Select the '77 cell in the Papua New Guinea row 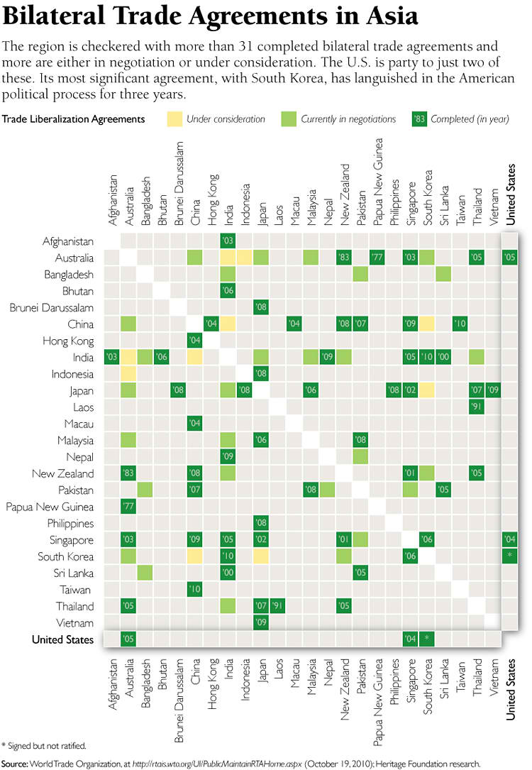coord(128,507)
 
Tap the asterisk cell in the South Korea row coord(509,556)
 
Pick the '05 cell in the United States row coord(128,639)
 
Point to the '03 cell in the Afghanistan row coord(228,241)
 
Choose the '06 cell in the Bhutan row coord(228,291)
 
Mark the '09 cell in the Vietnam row coord(261,622)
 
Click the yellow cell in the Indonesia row coord(128,374)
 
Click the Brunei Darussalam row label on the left coord(51,308)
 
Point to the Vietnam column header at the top coord(492,207)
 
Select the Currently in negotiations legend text coord(348,119)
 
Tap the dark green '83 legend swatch coord(419,119)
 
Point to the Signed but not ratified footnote coord(46,745)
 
